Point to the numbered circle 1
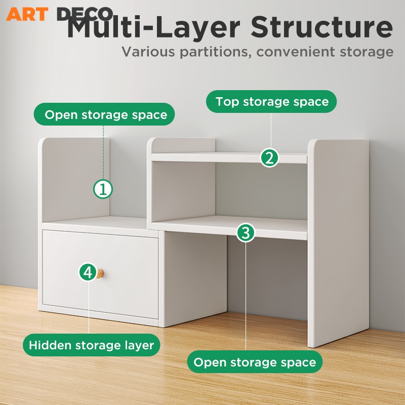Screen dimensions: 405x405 point(103,189)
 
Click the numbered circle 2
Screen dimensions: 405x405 point(270,158)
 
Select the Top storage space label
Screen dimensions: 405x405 point(272,102)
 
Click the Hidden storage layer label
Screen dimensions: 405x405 point(91,346)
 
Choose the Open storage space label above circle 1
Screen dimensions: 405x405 point(105,115)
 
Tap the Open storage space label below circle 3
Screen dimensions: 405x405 point(255,362)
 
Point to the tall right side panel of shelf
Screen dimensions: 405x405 point(338,243)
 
